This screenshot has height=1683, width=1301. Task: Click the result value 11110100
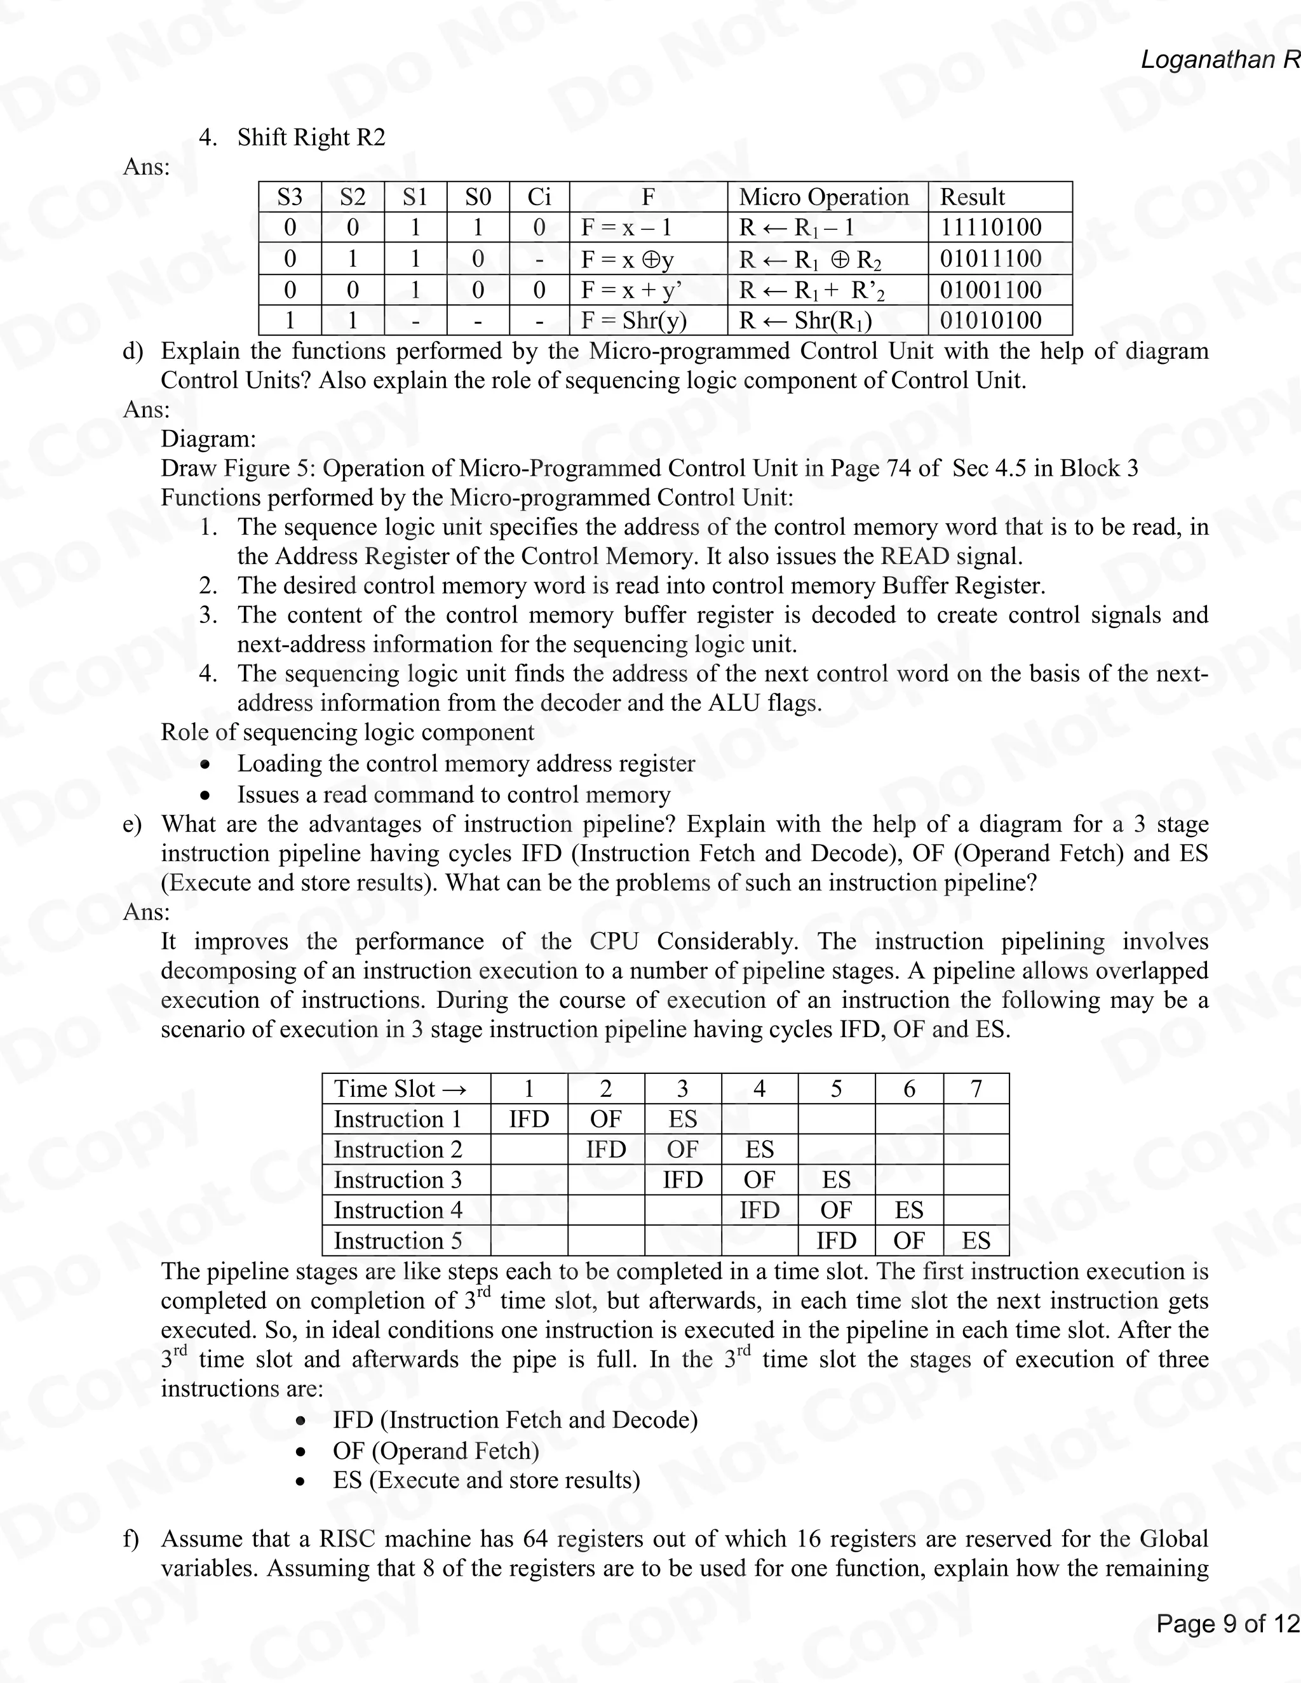coord(990,227)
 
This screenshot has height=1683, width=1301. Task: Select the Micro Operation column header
coord(824,198)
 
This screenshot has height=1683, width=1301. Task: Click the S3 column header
coord(290,198)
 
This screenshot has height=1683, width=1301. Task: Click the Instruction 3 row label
coord(398,1180)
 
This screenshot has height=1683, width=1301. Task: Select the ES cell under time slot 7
coord(976,1241)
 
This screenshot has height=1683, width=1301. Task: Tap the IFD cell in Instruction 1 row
coord(529,1119)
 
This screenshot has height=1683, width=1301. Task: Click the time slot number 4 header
coord(759,1089)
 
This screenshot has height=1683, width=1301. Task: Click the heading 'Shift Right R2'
coord(311,137)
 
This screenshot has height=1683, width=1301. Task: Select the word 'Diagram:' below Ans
coord(208,439)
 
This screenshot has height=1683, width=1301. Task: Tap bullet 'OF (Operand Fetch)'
coord(435,1451)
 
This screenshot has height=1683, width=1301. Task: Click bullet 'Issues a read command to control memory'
coord(453,795)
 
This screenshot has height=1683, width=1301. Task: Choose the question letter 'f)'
coord(131,1539)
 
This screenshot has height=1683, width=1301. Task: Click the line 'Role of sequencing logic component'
coord(347,732)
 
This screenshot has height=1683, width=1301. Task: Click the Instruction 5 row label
coord(398,1241)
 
